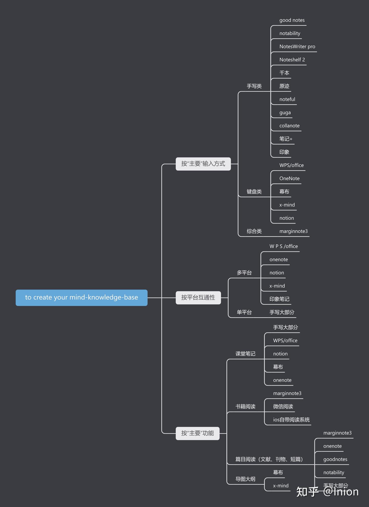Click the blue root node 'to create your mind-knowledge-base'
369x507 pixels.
click(x=81, y=298)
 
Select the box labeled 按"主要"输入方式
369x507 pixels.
click(x=203, y=164)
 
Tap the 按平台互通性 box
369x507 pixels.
click(x=198, y=298)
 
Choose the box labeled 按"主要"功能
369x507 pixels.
click(x=198, y=433)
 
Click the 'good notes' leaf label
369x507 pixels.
click(x=292, y=20)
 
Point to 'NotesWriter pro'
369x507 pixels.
click(x=297, y=47)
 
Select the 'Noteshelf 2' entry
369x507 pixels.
click(x=292, y=60)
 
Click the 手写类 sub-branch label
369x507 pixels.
click(x=254, y=86)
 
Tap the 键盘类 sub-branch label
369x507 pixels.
click(x=254, y=192)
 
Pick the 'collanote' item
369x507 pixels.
click(x=289, y=126)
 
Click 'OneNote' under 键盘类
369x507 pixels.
click(x=289, y=179)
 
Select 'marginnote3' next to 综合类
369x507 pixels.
click(x=293, y=231)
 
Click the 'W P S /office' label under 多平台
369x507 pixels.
click(x=283, y=247)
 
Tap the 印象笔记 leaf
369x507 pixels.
click(x=279, y=299)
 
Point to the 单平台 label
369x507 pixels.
click(x=244, y=312)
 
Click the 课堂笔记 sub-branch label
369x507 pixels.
click(x=245, y=354)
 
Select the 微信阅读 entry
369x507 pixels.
click(x=283, y=407)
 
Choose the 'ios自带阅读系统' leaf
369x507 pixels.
click(x=291, y=420)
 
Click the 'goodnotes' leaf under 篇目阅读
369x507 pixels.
click(x=335, y=460)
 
